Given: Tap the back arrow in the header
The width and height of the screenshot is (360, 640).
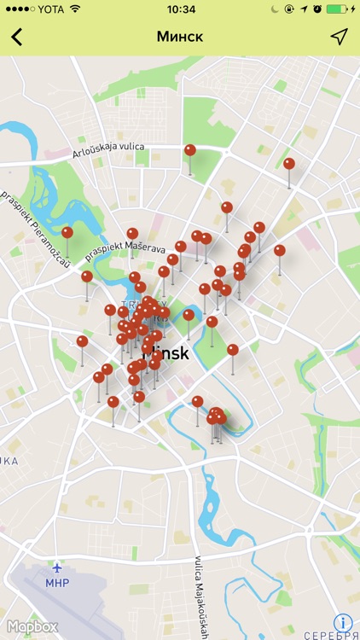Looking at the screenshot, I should [x=16, y=37].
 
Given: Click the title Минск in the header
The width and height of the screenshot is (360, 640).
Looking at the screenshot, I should [x=180, y=37].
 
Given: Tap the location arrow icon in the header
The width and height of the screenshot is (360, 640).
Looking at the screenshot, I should [x=340, y=37].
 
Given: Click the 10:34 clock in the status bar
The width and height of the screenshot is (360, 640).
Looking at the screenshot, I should [x=181, y=9].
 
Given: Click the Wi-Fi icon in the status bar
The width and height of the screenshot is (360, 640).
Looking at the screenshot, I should [x=75, y=9].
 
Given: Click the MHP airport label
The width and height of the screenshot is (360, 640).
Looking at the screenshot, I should [x=57, y=583].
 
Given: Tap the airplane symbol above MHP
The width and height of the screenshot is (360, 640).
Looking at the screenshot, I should [x=57, y=567].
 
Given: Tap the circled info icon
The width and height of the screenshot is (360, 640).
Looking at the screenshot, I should [x=344, y=623].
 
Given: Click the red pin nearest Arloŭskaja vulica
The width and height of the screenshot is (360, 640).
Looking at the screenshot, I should [x=190, y=150].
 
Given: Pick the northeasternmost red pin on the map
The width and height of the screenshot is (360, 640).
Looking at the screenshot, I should [x=289, y=164].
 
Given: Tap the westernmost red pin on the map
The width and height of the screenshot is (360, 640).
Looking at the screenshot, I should [x=67, y=232].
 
